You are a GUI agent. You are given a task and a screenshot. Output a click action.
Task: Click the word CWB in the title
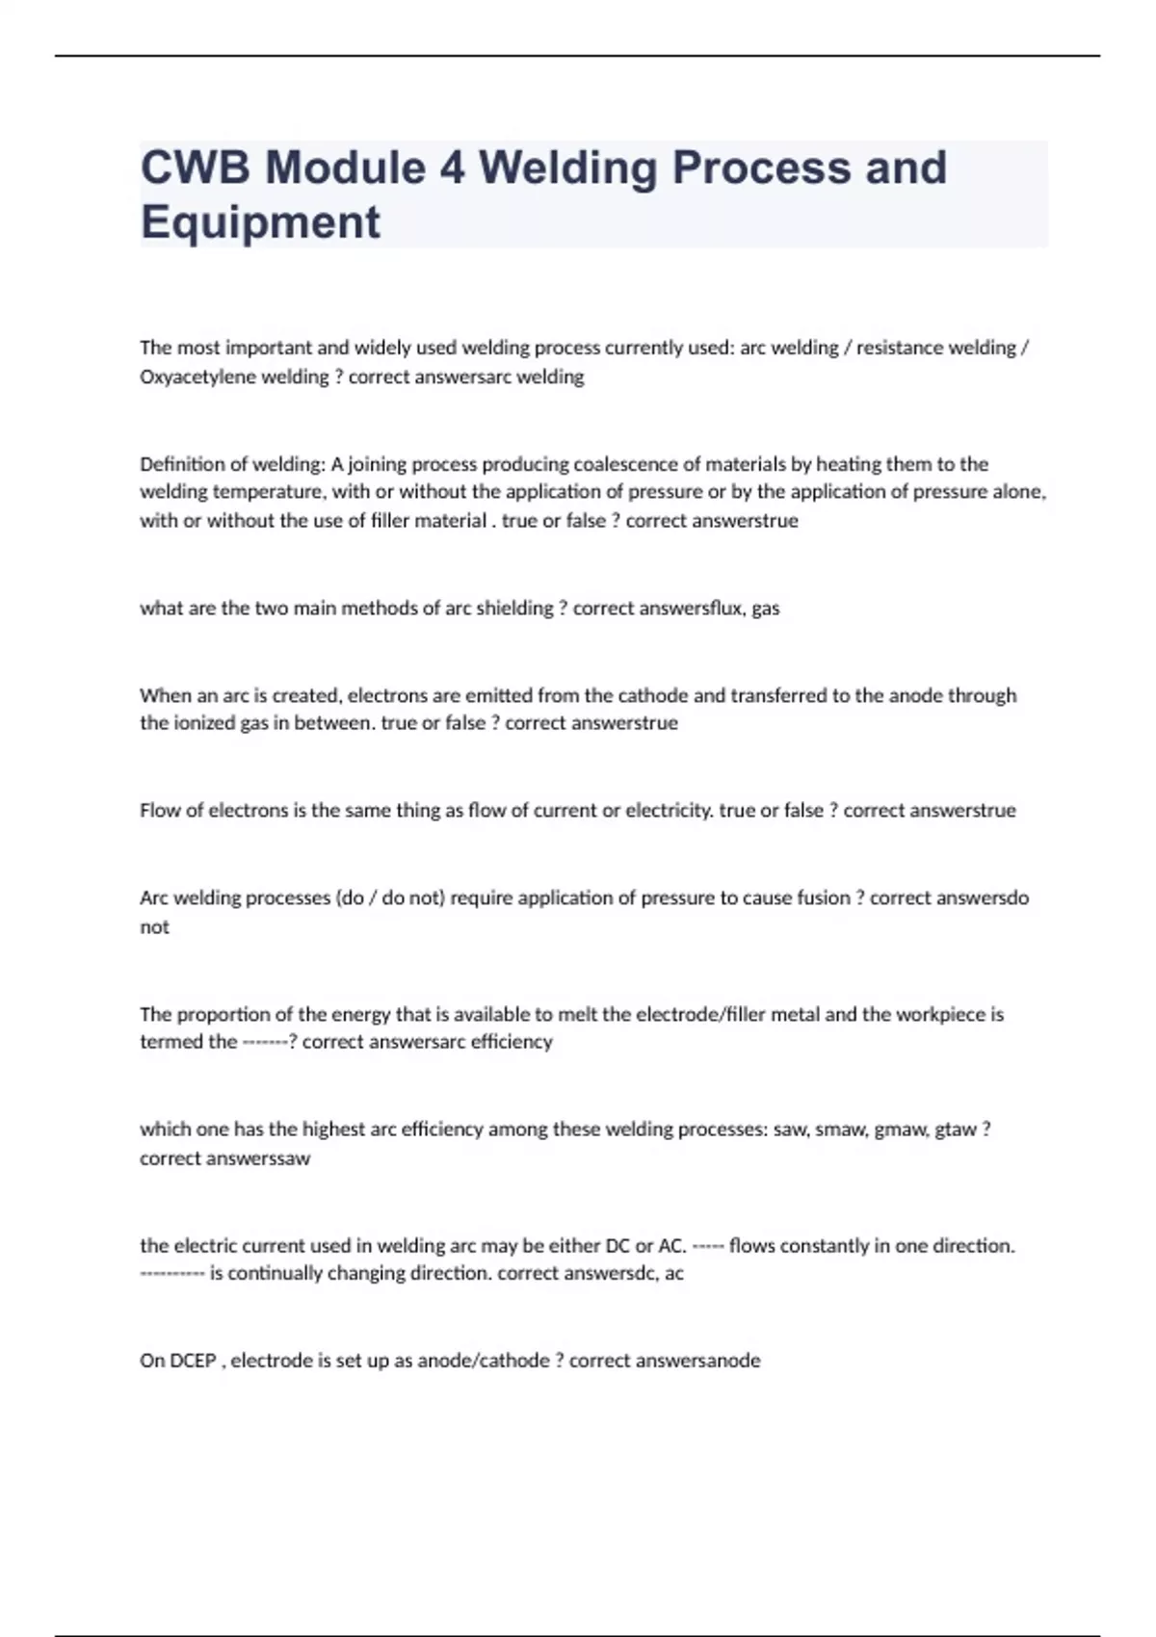pos(197,168)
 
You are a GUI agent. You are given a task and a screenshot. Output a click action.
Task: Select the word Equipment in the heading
pos(260,222)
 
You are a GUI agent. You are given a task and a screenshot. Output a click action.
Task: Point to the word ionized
pos(203,723)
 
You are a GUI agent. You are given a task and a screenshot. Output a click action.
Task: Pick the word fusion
pos(825,897)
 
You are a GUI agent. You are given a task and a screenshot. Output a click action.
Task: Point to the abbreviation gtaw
pos(956,1130)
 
